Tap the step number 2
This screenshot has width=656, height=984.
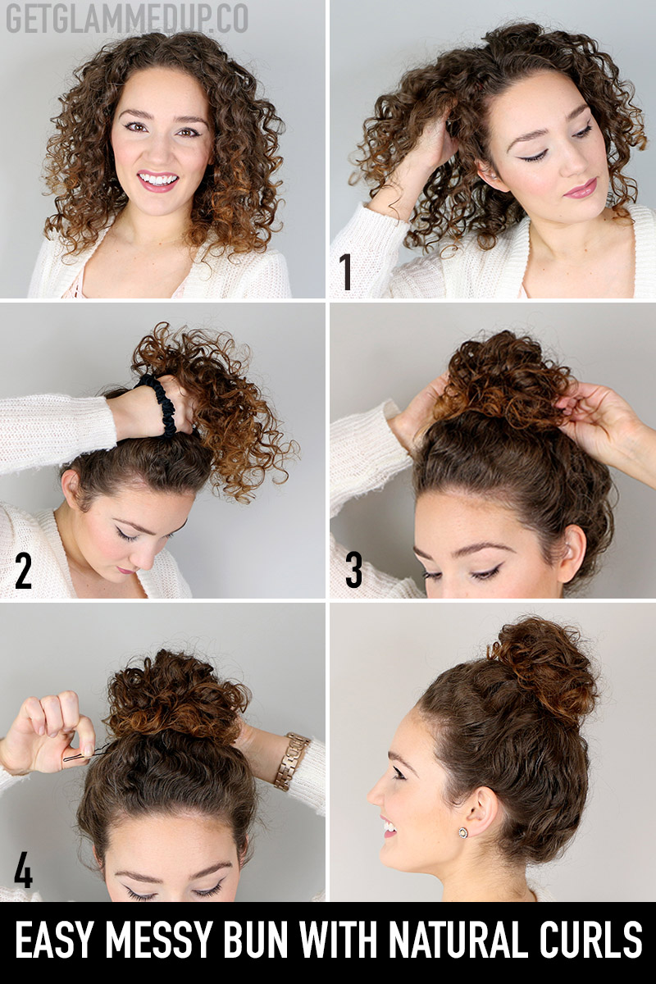coord(23,570)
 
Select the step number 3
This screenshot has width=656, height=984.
coord(353,570)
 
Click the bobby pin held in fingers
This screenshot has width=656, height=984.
coord(84,754)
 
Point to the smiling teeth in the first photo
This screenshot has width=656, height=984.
coord(157,180)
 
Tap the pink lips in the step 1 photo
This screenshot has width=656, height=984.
coord(580,189)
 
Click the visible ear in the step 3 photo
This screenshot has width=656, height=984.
coord(572,552)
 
